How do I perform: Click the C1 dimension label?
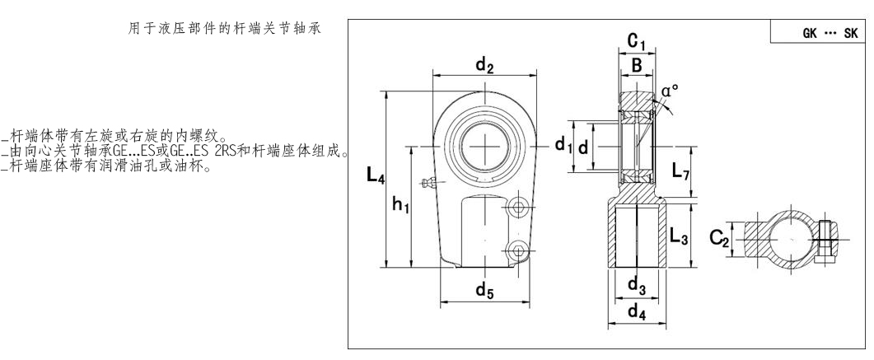(635, 40)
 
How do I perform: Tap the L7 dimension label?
(680, 172)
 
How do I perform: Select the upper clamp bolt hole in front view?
(517, 203)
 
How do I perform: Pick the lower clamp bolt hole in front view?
(517, 249)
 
